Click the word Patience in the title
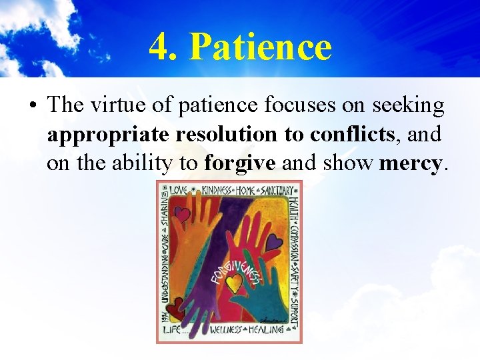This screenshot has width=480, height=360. [260, 47]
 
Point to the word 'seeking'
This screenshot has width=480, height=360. [409, 105]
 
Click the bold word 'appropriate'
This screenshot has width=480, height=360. [107, 134]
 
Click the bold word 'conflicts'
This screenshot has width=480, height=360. [352, 134]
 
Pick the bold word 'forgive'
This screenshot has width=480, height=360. [240, 163]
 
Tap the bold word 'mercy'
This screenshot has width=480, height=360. [410, 163]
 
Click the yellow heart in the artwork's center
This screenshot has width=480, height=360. [233, 285]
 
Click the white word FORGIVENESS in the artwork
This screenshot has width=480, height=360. [235, 267]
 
